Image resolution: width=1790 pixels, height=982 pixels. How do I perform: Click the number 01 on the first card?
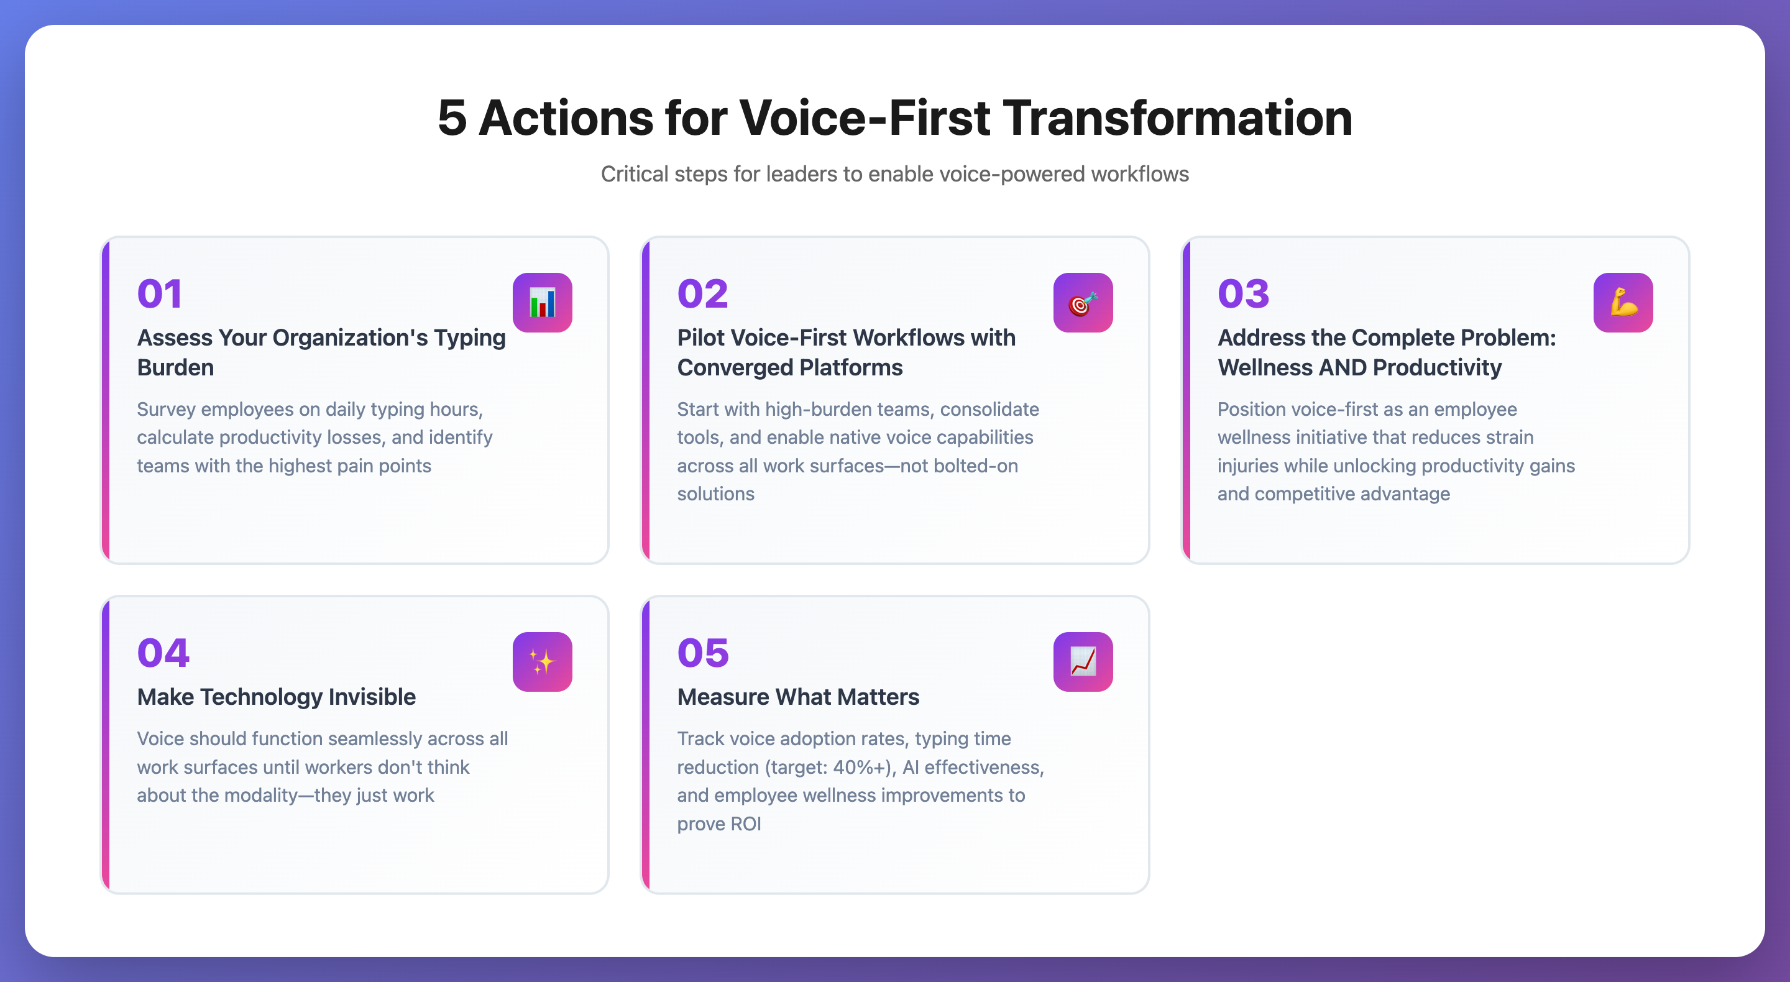pyautogui.click(x=160, y=293)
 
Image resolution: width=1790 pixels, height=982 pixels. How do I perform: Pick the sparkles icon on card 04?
pyautogui.click(x=542, y=662)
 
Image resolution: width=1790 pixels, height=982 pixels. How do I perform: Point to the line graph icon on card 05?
pyautogui.click(x=1083, y=662)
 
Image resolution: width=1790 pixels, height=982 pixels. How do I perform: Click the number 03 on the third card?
pyautogui.click(x=1243, y=293)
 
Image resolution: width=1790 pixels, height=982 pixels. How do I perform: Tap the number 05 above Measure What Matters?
pyautogui.click(x=702, y=653)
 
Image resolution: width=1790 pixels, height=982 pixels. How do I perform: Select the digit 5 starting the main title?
pyautogui.click(x=452, y=117)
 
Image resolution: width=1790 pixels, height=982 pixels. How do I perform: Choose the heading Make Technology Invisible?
pyautogui.click(x=276, y=696)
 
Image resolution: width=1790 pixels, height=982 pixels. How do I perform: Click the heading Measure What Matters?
pyautogui.click(x=797, y=696)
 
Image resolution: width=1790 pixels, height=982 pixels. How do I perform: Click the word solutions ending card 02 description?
pyautogui.click(x=715, y=493)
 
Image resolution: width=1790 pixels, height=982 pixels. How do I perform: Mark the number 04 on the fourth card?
pyautogui.click(x=163, y=653)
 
